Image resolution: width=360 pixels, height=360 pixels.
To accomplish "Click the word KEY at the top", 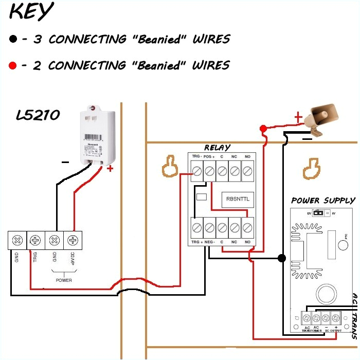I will [x=32, y=12].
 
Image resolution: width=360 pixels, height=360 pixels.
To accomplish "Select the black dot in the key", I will [x=12, y=39].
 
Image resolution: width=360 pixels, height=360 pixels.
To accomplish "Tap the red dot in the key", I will [x=12, y=65].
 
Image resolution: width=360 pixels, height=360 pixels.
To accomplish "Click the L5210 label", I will [x=38, y=116].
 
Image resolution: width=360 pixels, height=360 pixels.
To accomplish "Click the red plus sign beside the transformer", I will [x=110, y=168].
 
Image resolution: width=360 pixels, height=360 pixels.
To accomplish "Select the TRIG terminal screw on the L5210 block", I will [x=35, y=240].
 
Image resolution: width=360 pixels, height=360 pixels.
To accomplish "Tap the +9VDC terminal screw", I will [x=73, y=240].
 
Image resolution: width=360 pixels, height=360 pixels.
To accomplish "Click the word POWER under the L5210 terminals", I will [x=64, y=280].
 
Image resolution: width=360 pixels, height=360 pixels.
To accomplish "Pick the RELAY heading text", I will [x=218, y=148].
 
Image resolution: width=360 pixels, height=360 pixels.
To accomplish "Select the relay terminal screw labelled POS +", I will [x=209, y=170].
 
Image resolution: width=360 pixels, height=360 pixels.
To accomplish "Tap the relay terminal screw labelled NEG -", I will [x=209, y=226].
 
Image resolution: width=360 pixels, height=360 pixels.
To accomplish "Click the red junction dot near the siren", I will [x=263, y=128].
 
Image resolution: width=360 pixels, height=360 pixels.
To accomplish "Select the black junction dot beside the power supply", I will [x=281, y=258].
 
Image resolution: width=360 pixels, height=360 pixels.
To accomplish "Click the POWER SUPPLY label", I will [x=323, y=201].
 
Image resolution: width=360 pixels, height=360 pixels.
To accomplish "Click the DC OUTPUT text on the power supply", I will [x=331, y=331].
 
